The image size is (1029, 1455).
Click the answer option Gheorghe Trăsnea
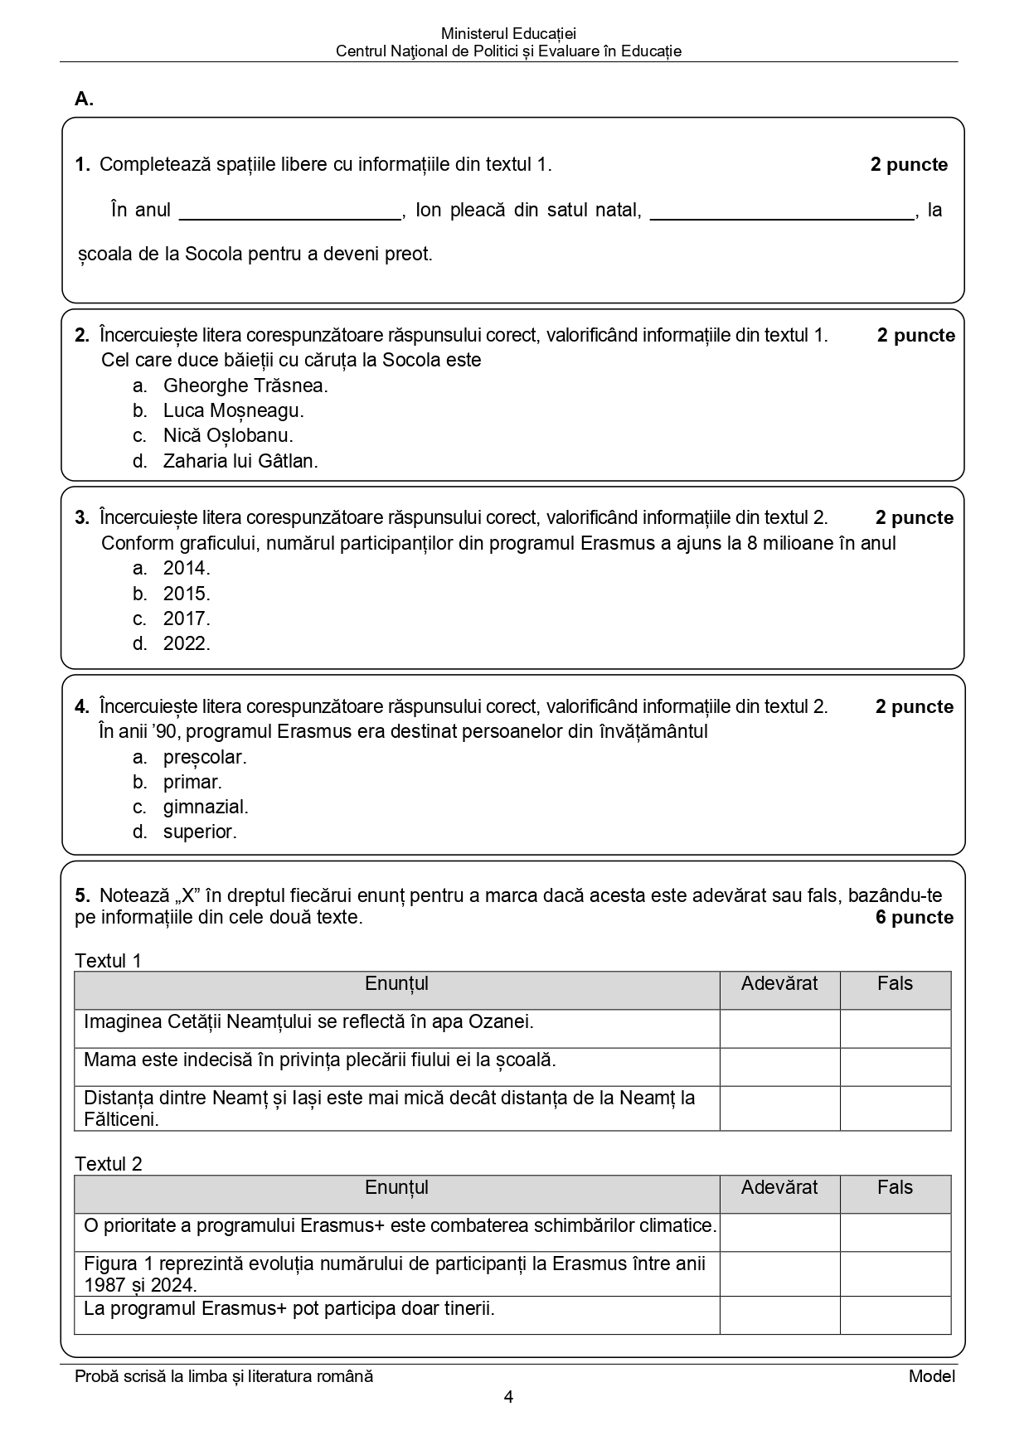(x=245, y=386)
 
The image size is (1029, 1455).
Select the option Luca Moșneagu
(x=233, y=410)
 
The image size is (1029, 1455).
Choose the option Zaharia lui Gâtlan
(x=240, y=461)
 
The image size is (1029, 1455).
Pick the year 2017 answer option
(x=186, y=618)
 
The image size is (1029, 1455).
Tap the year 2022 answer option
(x=186, y=643)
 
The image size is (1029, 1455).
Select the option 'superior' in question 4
(x=199, y=832)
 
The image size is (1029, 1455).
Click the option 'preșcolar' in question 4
(x=204, y=757)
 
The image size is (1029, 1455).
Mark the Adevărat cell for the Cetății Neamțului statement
(x=779, y=1028)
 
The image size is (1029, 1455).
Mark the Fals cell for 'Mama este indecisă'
(x=895, y=1066)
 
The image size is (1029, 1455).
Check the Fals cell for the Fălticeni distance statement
(x=895, y=1108)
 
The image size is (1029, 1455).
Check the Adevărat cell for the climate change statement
(x=779, y=1232)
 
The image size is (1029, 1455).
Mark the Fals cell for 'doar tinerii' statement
(x=895, y=1315)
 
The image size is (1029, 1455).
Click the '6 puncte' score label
(x=914, y=918)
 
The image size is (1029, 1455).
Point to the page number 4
(x=508, y=1397)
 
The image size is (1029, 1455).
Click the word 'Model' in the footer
(x=931, y=1376)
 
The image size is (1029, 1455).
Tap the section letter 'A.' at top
(x=84, y=99)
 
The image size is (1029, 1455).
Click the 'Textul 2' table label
(x=109, y=1164)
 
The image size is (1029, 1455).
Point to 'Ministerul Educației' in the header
(x=508, y=34)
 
